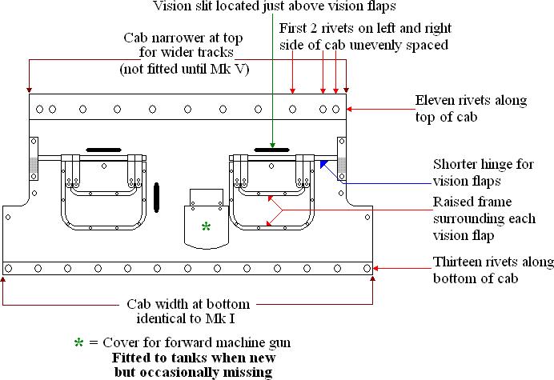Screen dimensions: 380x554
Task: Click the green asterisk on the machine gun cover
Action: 206,226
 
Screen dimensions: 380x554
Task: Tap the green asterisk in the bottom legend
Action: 79,342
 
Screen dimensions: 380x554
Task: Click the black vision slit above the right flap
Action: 272,149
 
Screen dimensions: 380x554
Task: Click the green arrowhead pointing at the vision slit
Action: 272,142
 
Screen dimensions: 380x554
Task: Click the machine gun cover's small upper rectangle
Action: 207,198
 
